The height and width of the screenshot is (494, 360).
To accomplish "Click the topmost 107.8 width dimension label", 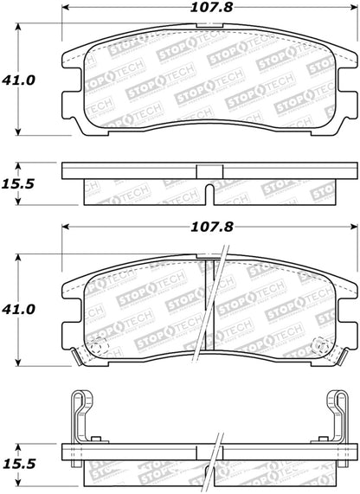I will tap(209, 11).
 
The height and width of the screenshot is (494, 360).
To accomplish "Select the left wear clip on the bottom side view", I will tap(80, 413).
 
